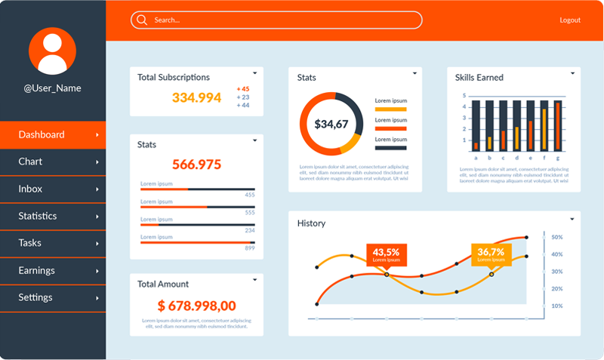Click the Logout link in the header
(570, 20)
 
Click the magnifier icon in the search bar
(141, 20)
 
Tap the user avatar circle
(53, 51)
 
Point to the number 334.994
(196, 97)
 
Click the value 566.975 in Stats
(196, 165)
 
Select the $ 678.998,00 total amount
(196, 306)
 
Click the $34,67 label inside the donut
(331, 125)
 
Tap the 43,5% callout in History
(386, 252)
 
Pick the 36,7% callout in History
(491, 252)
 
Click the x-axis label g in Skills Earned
(558, 158)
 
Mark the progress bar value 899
(250, 248)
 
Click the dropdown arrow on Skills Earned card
(572, 73)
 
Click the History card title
(311, 223)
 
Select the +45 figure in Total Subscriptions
(243, 89)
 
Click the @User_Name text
(52, 88)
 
